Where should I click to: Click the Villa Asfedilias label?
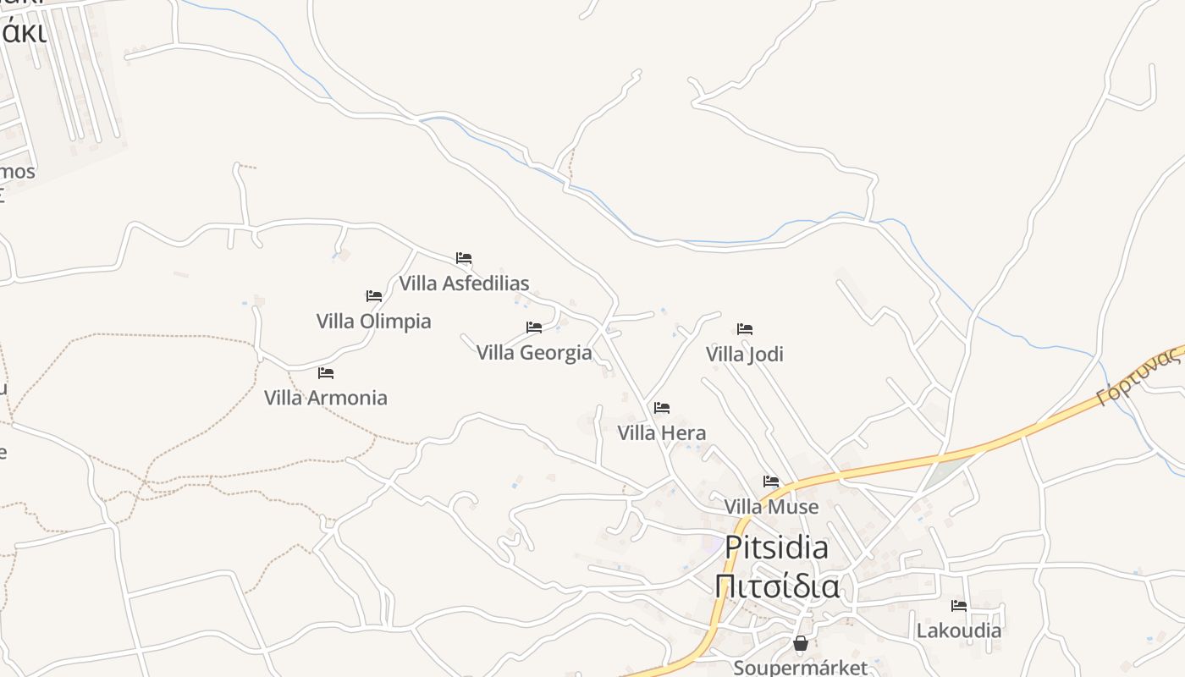click(x=464, y=283)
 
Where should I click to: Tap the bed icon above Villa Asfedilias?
click(x=464, y=258)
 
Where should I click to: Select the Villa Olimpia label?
click(x=373, y=322)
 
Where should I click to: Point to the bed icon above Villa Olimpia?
click(x=374, y=296)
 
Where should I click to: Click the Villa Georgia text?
click(x=534, y=353)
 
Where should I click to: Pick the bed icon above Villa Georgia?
click(x=534, y=327)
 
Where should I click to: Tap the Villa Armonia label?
click(x=326, y=398)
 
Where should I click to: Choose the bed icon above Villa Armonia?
click(x=326, y=373)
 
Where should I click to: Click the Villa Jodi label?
click(x=745, y=355)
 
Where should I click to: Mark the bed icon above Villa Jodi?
click(x=745, y=329)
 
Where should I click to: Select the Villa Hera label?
click(x=661, y=433)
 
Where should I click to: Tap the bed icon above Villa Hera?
click(x=662, y=408)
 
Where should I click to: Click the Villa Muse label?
click(x=771, y=507)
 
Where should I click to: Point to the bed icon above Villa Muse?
click(x=771, y=482)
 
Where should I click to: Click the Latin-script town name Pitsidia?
click(x=776, y=548)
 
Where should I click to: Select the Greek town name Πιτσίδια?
click(x=776, y=586)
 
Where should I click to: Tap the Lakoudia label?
click(x=958, y=630)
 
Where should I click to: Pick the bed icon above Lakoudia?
click(x=959, y=606)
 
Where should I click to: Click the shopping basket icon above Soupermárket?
click(x=801, y=644)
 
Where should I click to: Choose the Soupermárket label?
click(x=800, y=667)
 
